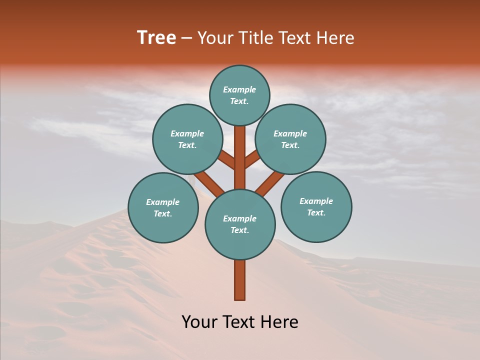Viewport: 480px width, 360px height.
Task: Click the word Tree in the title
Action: click(156, 38)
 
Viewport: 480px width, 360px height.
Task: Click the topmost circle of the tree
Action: click(239, 95)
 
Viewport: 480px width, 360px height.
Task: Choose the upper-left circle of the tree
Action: click(187, 139)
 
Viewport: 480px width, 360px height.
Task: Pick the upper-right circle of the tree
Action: click(290, 139)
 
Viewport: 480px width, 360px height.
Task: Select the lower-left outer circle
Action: click(163, 207)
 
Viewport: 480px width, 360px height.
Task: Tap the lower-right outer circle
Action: click(316, 206)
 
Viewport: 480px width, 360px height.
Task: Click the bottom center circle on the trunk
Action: click(240, 224)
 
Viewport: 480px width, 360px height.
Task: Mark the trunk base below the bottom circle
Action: click(240, 280)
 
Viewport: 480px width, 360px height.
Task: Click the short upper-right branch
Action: click(252, 159)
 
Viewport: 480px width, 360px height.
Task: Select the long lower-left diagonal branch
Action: click(209, 182)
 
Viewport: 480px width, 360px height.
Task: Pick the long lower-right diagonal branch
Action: click(270, 182)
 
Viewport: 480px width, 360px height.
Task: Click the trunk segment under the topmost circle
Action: click(240, 150)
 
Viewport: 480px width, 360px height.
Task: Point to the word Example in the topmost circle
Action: click(239, 89)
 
